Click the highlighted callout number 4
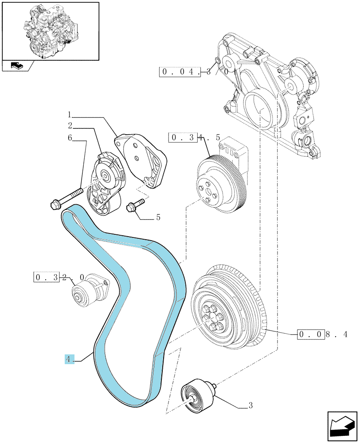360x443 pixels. (68, 359)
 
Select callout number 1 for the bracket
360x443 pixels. (70, 115)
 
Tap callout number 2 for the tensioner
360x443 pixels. (70, 125)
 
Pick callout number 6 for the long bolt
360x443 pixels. (70, 138)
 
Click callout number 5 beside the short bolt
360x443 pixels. (158, 217)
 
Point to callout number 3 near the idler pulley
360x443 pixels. (250, 405)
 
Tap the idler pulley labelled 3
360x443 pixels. (199, 393)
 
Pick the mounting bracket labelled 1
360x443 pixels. (141, 160)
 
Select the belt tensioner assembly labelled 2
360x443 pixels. (106, 183)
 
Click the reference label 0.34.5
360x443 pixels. (194, 138)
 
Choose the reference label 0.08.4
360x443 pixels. (322, 334)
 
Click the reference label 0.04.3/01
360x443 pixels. (198, 72)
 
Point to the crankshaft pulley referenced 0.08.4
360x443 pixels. (229, 307)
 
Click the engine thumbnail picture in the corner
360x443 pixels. (51, 31)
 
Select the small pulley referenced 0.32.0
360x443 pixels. (90, 290)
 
